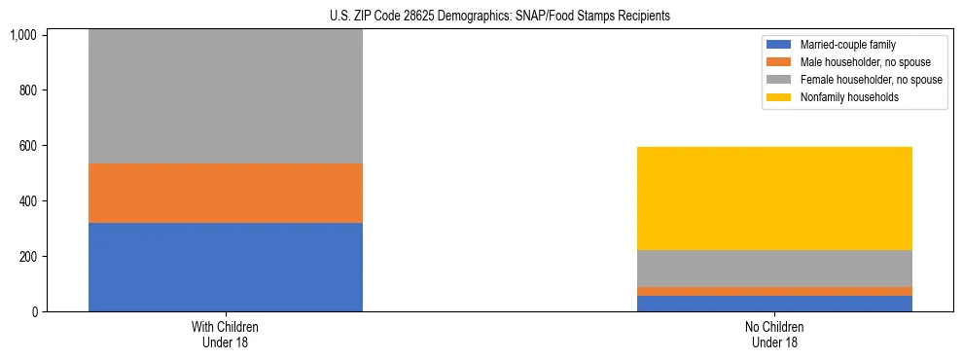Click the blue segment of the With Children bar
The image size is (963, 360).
(x=225, y=267)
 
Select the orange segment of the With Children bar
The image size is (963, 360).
(x=225, y=193)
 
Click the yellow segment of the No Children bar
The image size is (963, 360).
(x=774, y=198)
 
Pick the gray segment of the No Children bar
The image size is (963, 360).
(x=774, y=268)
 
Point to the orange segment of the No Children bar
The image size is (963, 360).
(x=774, y=291)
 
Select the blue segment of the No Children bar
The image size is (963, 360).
(x=774, y=304)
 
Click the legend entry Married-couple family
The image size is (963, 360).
(x=847, y=45)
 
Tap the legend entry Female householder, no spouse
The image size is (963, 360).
(x=871, y=80)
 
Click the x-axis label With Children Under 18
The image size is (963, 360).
(x=225, y=334)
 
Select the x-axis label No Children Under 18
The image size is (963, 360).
(x=774, y=334)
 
